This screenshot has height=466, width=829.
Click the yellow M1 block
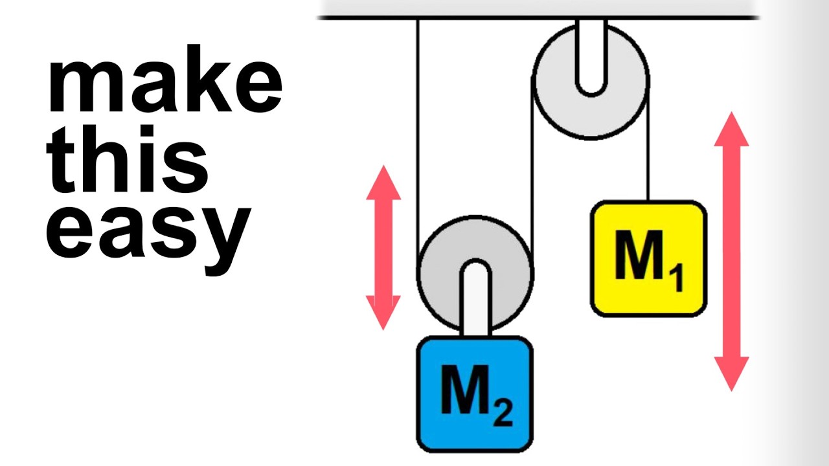point(648,259)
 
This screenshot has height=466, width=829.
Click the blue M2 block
point(475,395)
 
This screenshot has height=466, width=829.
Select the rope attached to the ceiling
point(418,129)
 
